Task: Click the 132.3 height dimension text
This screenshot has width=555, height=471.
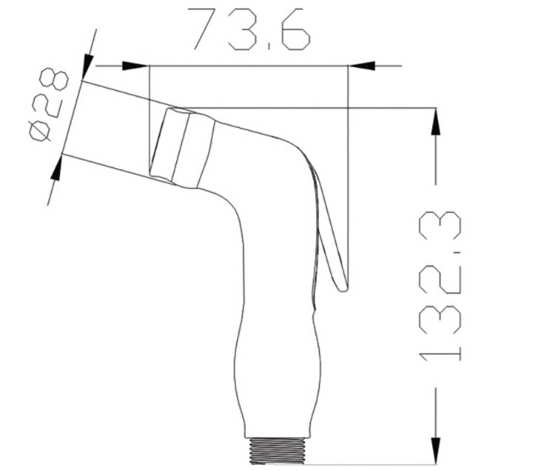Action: (x=440, y=286)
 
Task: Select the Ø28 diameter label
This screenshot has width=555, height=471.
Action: (x=48, y=105)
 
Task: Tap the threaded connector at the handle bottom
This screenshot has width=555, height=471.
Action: (x=277, y=451)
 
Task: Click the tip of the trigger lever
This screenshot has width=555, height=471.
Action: (x=343, y=290)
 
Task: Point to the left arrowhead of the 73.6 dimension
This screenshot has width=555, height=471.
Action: (x=135, y=65)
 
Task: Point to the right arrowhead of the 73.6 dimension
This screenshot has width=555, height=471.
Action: (x=362, y=65)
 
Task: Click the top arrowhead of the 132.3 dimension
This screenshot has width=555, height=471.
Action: (x=436, y=121)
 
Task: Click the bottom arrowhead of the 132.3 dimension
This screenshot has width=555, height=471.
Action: (x=436, y=451)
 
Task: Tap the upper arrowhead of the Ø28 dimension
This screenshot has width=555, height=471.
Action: (x=87, y=67)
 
